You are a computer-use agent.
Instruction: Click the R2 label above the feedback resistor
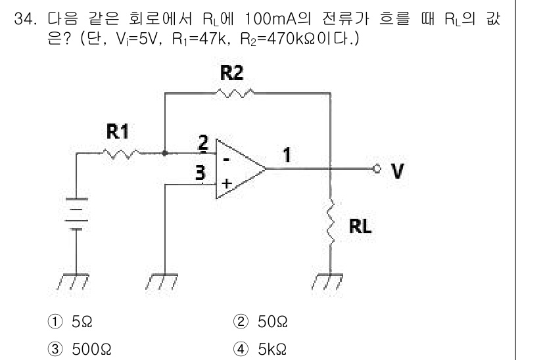[232, 72]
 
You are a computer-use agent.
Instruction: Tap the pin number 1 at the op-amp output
[287, 156]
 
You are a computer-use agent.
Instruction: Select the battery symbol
[76, 215]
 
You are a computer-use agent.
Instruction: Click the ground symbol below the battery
[76, 282]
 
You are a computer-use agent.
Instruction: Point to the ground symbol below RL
[330, 282]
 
